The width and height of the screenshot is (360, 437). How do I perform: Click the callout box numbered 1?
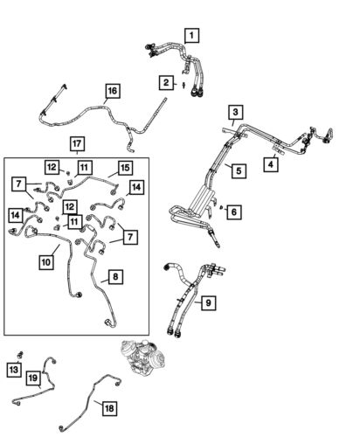click(190, 37)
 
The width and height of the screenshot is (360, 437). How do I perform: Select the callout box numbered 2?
click(164, 83)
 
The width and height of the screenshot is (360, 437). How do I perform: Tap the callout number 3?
click(235, 112)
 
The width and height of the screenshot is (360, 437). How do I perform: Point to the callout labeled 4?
click(272, 163)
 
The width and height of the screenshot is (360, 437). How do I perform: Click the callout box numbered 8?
click(115, 278)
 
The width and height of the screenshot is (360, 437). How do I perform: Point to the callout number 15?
click(125, 167)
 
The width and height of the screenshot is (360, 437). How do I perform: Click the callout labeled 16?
click(111, 91)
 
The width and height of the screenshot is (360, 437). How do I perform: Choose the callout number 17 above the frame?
click(77, 142)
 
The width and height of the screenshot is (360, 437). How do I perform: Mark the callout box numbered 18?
click(108, 408)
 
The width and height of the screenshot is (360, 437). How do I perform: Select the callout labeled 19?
click(32, 378)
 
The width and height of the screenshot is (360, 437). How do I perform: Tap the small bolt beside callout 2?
click(183, 85)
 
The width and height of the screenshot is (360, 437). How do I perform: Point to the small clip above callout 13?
click(19, 354)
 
